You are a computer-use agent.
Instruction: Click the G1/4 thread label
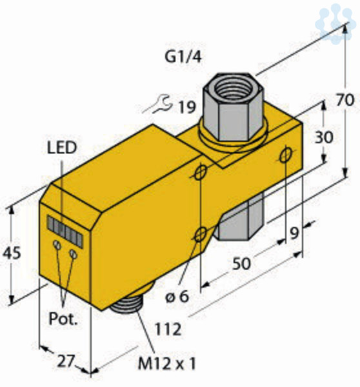click(x=183, y=57)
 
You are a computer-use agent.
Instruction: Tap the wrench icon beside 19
click(x=158, y=105)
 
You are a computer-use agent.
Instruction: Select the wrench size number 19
click(x=187, y=107)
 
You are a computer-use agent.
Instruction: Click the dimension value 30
click(x=324, y=137)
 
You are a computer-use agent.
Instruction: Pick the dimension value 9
click(x=294, y=233)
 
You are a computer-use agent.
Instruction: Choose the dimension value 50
click(x=241, y=263)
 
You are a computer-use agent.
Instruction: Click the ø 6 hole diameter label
click(x=177, y=296)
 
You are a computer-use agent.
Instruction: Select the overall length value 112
click(x=168, y=329)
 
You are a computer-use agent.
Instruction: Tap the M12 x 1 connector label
click(x=167, y=363)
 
